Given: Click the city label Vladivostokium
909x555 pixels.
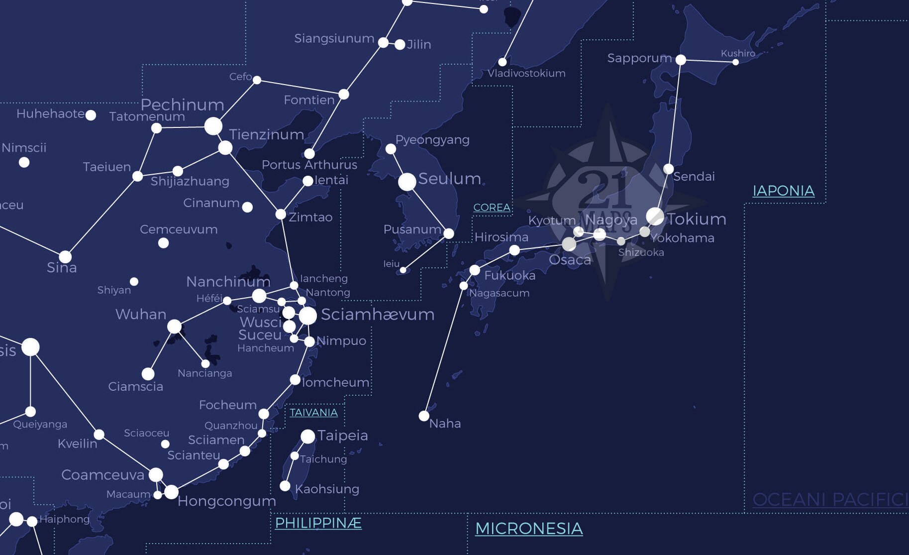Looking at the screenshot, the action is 526,74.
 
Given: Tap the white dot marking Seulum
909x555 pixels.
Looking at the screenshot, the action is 407,182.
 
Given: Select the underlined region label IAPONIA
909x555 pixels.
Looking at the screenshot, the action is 783,191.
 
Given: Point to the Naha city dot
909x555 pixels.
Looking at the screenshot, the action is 424,416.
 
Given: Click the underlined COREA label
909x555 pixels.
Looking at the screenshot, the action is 492,208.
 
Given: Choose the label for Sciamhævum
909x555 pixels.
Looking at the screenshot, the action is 378,315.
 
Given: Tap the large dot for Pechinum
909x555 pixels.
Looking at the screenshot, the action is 213,126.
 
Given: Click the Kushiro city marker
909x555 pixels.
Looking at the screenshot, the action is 735,62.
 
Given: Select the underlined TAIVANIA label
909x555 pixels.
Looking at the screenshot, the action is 313,413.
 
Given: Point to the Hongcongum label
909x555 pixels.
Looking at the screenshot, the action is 226,501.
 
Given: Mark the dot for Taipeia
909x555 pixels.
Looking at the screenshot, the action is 308,437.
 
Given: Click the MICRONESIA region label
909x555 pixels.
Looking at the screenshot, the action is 529,529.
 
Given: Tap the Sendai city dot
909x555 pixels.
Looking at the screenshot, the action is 669,169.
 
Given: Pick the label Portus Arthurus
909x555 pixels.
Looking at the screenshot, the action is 309,165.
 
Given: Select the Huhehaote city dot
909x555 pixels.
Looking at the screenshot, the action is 91,115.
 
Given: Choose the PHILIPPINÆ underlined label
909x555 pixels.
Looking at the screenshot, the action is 318,523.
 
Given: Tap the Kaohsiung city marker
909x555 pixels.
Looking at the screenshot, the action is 285,486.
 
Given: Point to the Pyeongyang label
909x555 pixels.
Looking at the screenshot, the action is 432,140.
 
